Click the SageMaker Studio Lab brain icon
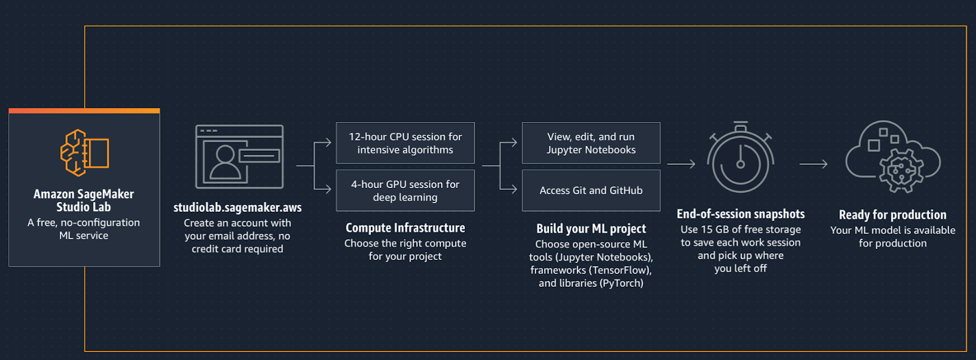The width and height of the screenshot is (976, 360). coord(84,153)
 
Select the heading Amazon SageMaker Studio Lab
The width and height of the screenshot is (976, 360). coord(84,201)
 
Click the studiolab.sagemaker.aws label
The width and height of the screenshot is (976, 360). coord(237,207)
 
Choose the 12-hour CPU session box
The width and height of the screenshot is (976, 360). coord(405,143)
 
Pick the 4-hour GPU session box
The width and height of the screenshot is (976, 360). coord(405,190)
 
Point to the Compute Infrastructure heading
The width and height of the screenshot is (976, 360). coord(405,228)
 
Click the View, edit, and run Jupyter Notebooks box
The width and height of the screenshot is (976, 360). coord(590,143)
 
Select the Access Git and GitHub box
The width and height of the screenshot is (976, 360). coord(590,190)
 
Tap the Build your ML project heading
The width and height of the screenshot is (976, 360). coord(590,229)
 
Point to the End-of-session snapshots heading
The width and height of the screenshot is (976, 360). coord(741,214)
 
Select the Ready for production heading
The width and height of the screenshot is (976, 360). coord(892,215)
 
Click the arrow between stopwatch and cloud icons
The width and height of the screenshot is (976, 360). coord(813,164)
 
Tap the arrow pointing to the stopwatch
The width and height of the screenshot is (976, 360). coord(681,164)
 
